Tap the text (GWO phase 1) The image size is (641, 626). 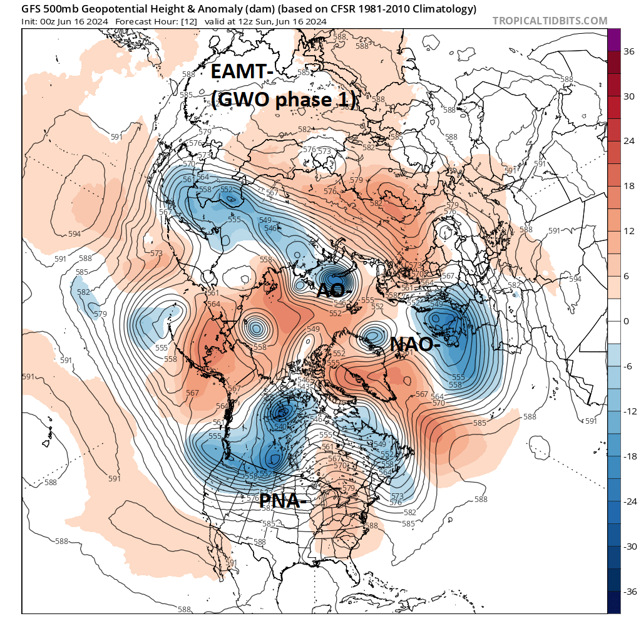point(284,100)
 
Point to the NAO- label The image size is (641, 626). point(415,344)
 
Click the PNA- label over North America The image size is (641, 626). point(283,500)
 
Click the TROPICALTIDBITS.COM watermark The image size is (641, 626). point(550,21)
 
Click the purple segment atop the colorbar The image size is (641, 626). point(613,37)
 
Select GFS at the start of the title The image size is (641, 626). point(31,9)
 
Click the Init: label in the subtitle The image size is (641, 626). point(32,21)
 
